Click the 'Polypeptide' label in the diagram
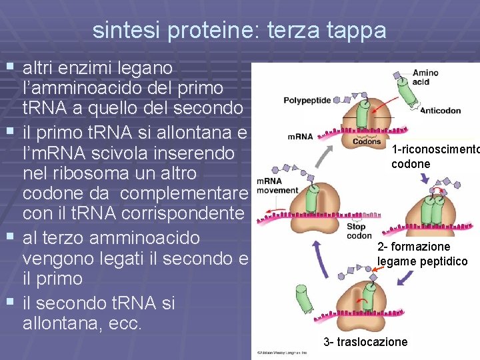[307, 101]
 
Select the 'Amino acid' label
[425, 77]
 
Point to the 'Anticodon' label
[441, 111]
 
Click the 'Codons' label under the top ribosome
[367, 141]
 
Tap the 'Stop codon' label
[359, 231]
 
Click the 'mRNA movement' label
[277, 185]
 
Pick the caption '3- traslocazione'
[365, 342]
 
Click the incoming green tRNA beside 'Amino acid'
[403, 91]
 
